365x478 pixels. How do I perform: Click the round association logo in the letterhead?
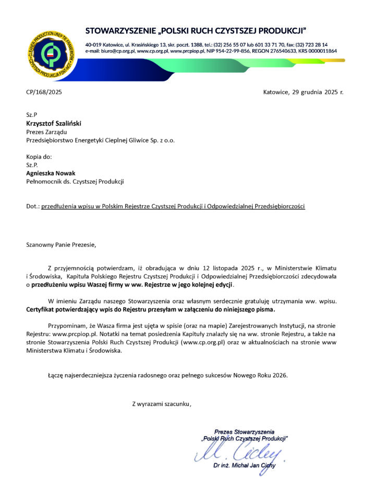[52, 53]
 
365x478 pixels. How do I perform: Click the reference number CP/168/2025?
[44, 92]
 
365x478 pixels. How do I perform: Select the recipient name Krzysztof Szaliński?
[54, 124]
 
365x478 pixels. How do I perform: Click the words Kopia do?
[39, 157]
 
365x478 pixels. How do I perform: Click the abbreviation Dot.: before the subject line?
[33, 206]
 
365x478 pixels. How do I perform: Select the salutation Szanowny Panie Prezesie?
[62, 244]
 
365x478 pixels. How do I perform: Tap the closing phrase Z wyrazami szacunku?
[162, 403]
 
